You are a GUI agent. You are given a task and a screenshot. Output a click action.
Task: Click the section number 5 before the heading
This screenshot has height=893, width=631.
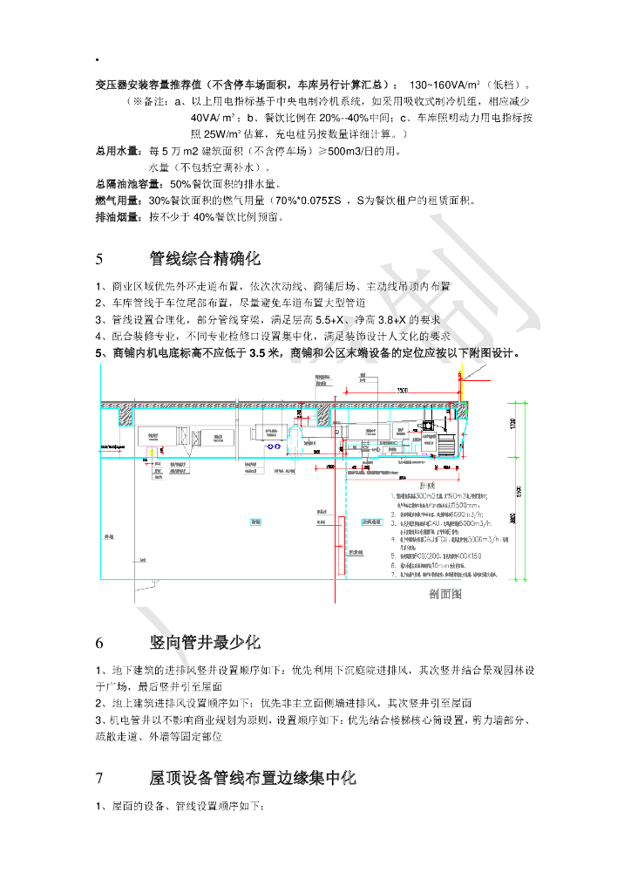[x=99, y=259]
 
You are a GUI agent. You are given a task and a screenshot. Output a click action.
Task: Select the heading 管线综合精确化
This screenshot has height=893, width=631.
[x=205, y=259]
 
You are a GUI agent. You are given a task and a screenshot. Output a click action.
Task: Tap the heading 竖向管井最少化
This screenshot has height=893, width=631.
[x=205, y=643]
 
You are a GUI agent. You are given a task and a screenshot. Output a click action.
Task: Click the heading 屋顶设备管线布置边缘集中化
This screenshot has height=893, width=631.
[x=253, y=778]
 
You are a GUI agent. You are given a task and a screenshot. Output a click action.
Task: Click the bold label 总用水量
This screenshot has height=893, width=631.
[x=119, y=151]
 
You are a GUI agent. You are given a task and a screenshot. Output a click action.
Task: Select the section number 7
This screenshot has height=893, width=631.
[x=99, y=778]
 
